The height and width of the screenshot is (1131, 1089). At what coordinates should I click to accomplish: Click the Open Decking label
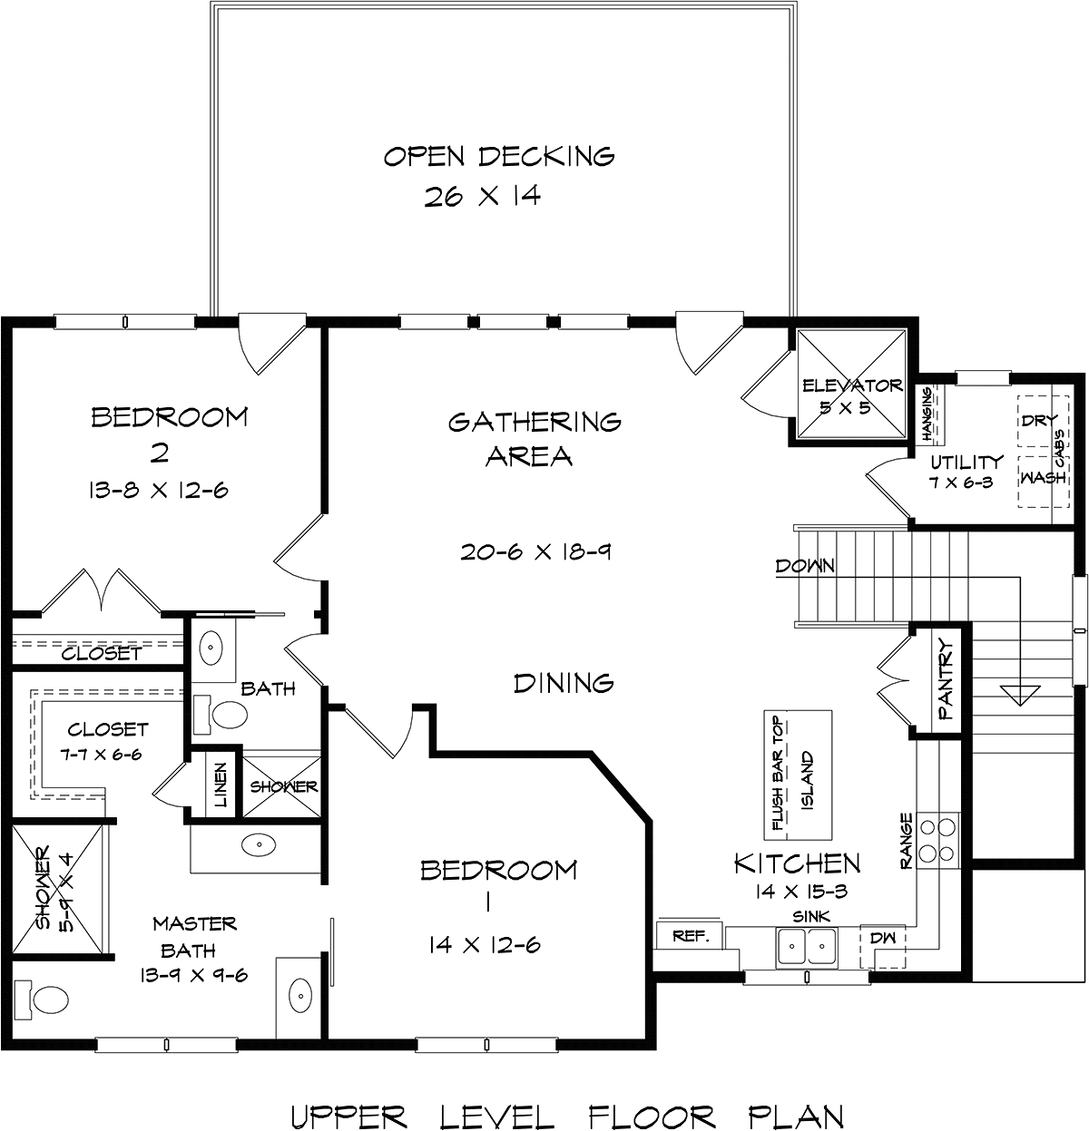click(499, 157)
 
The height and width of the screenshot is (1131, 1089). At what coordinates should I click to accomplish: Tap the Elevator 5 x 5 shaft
click(852, 385)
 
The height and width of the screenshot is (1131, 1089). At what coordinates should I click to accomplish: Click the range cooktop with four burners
click(937, 840)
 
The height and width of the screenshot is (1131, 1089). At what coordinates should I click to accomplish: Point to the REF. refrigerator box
click(690, 936)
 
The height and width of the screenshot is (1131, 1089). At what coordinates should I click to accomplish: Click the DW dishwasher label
click(883, 938)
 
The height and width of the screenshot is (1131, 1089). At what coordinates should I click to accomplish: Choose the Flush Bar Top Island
click(798, 775)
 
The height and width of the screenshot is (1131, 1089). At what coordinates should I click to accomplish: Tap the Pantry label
click(946, 680)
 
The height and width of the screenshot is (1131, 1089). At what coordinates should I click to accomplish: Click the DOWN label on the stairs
click(805, 566)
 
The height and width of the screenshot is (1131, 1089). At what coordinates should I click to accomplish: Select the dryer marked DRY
click(1044, 422)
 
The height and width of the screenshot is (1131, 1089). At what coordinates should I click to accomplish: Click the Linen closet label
click(221, 785)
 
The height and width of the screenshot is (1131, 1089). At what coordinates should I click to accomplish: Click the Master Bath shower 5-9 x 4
click(57, 889)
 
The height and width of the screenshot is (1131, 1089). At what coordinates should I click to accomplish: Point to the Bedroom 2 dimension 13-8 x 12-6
click(158, 491)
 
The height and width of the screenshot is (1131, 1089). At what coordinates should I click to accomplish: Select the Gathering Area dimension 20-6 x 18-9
click(535, 551)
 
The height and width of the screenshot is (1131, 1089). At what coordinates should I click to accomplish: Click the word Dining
click(564, 683)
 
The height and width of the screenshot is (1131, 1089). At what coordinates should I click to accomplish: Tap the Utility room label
click(967, 463)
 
